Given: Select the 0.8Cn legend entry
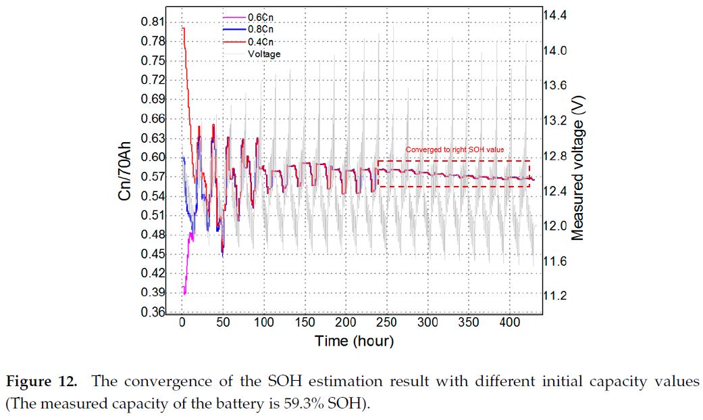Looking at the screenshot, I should coord(260,28).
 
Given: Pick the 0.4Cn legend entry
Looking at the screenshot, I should coord(260,41).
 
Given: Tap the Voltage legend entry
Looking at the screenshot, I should coord(264,54).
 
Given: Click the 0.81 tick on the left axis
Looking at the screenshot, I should coord(153,22).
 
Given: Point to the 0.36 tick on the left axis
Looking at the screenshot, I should coord(153,312).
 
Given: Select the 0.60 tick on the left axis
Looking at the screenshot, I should coord(153,158).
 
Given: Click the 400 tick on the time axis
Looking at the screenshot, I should coord(510,323).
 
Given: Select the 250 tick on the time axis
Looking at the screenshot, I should coord(386,323).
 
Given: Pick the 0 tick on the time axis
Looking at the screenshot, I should coord(182,323).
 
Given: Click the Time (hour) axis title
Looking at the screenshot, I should coord(354,341).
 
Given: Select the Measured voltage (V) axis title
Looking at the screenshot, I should coord(578,166).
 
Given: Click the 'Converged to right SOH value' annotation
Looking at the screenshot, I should coord(454,149).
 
